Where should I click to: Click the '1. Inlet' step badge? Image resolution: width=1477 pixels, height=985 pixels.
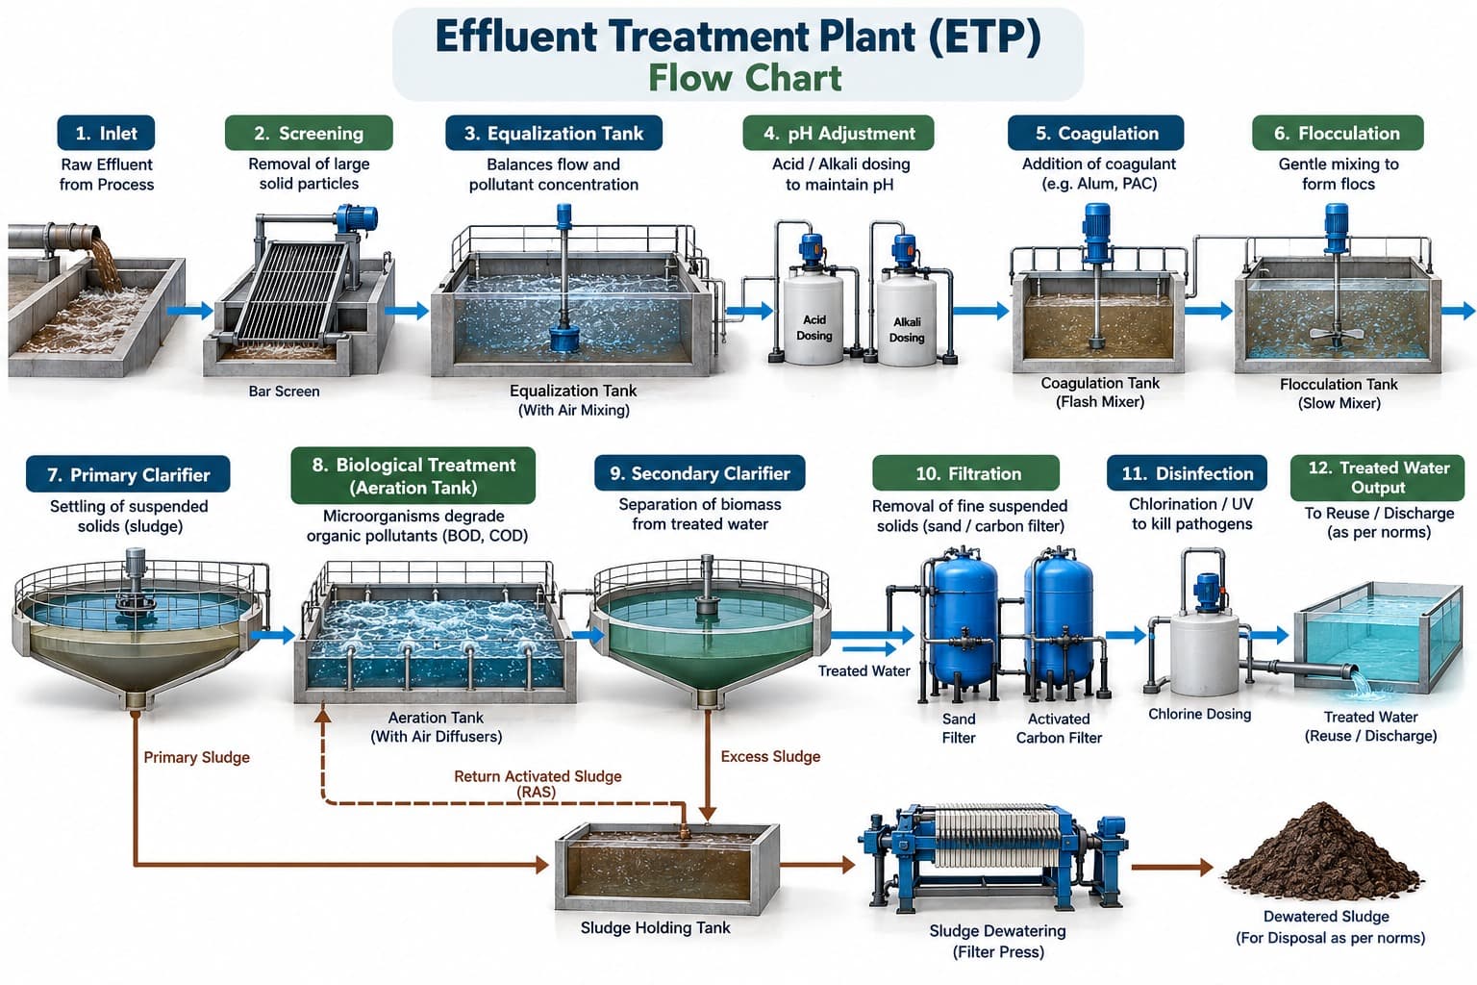106,134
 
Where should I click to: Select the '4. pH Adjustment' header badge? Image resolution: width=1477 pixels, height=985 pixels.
839,134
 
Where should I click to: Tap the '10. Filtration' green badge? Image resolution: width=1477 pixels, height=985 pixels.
965,473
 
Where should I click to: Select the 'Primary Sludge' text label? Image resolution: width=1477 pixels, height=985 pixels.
196,757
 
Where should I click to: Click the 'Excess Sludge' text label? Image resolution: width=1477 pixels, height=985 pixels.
770,757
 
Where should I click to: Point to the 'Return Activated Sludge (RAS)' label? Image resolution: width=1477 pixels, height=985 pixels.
538,784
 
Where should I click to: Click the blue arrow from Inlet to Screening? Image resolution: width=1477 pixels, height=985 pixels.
189,310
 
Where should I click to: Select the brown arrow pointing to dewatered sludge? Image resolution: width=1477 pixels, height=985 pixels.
1172,868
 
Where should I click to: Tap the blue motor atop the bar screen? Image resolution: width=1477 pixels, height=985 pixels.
356,219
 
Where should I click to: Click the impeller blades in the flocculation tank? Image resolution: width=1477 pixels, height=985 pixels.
1337,333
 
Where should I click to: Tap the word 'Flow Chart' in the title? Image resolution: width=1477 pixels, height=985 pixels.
744,78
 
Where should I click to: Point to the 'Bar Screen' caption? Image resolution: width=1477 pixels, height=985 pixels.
285,391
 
